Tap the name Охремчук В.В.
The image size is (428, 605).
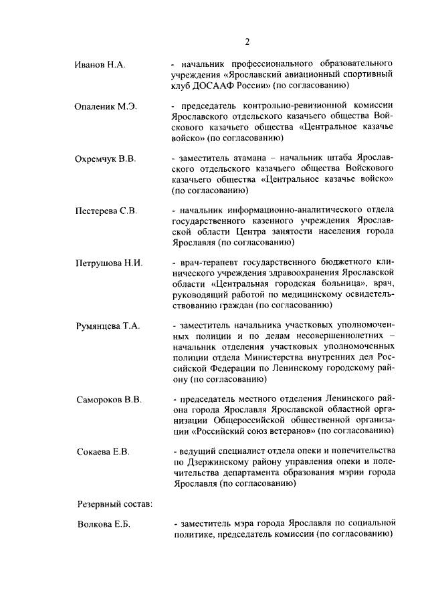tap(105, 159)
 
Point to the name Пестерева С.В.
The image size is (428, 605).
tap(106, 211)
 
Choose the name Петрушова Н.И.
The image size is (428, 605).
tap(108, 263)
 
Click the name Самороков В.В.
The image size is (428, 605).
tap(108, 400)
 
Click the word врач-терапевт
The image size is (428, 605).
tap(205, 263)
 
